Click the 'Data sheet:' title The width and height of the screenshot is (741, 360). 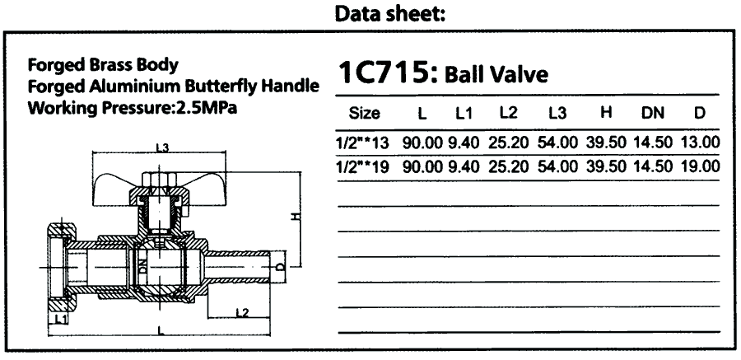[390, 14]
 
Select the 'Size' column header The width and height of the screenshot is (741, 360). [364, 114]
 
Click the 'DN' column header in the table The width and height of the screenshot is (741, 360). [652, 113]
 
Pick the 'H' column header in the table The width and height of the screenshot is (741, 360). [606, 113]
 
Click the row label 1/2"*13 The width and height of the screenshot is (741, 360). [362, 143]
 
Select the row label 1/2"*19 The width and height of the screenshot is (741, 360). [362, 166]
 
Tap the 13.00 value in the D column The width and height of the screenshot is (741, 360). [701, 143]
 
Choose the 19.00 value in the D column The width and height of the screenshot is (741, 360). [701, 166]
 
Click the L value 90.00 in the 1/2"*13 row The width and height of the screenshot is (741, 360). [422, 143]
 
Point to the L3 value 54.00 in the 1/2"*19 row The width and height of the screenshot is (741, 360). [557, 166]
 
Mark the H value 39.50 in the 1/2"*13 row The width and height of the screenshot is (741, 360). [606, 143]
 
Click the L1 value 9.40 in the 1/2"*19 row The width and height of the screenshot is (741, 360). [464, 166]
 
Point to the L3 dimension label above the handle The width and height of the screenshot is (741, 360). [162, 147]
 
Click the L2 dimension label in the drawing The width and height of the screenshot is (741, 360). [242, 312]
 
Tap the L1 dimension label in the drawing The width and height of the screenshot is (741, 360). [60, 320]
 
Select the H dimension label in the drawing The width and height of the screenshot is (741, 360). [296, 217]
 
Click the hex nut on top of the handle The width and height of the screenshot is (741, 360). [158, 180]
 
